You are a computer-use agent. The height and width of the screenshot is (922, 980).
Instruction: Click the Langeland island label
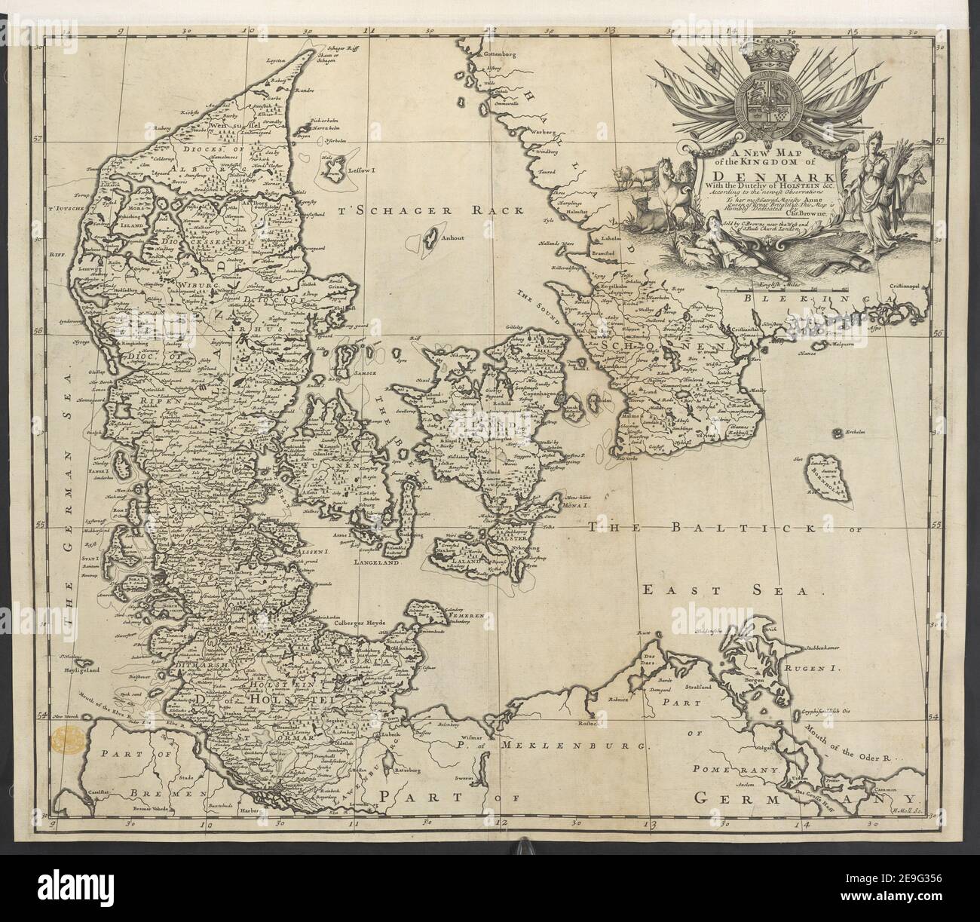384,562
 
